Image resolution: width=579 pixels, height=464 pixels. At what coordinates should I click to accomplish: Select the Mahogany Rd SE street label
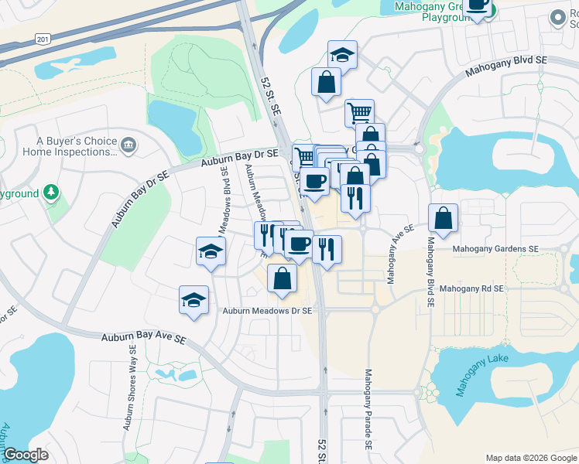pos(471,288)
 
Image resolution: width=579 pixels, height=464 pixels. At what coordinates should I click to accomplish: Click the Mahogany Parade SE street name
pos(368,410)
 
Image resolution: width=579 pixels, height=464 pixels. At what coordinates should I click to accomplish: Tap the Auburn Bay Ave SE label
pos(144,339)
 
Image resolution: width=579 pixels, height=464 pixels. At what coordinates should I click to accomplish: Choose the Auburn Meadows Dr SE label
pos(267,311)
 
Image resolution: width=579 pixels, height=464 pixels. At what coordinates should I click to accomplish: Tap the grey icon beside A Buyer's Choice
pos(129,144)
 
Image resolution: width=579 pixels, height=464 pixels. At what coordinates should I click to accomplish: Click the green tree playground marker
pos(51,192)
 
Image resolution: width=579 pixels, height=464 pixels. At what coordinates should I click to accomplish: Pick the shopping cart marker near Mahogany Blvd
pos(359,113)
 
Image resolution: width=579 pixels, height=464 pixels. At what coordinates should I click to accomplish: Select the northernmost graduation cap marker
pos(342,55)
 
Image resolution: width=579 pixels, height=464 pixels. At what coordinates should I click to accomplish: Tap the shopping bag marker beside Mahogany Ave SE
pos(444,219)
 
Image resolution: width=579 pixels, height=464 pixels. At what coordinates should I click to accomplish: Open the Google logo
pos(26,455)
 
